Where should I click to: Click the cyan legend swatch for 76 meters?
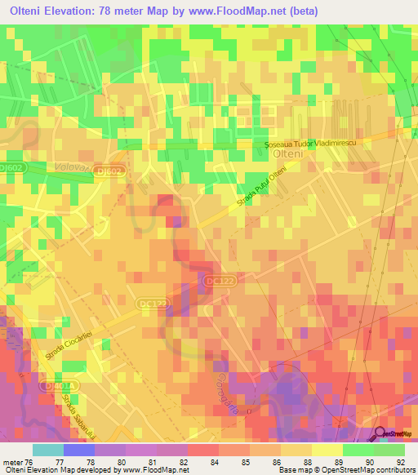click(x=47, y=450)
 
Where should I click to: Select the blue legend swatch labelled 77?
click(x=78, y=450)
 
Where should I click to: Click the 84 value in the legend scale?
click(x=214, y=462)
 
